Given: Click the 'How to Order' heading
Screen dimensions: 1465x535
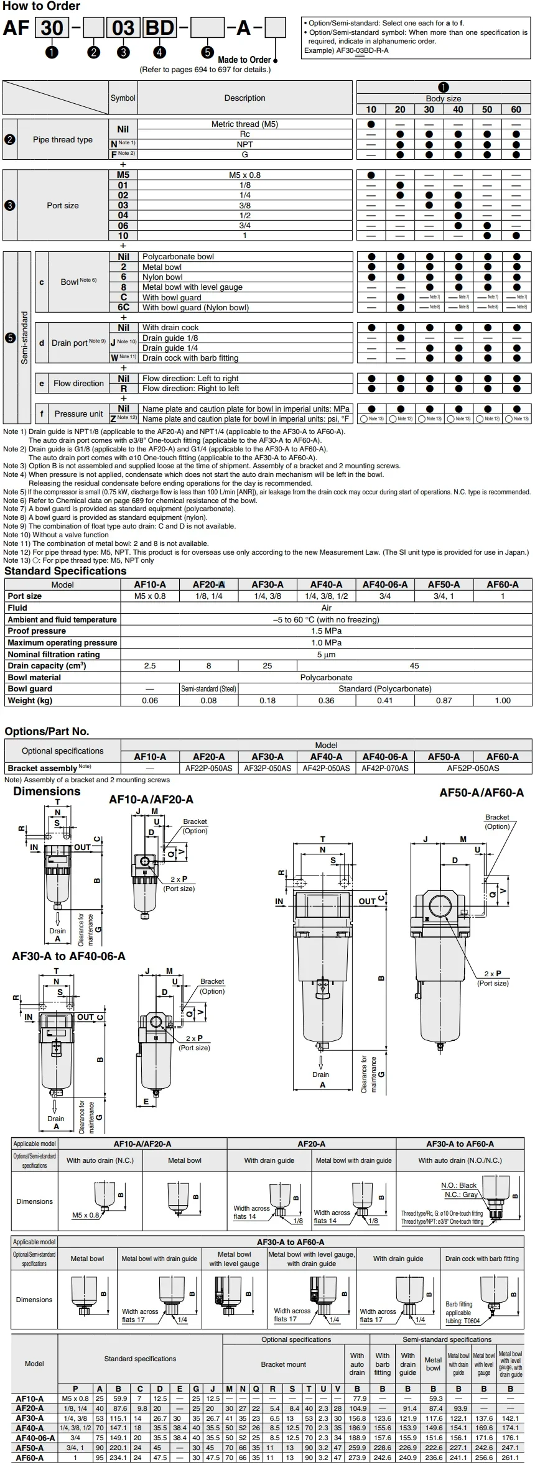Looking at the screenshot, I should pyautogui.click(x=42, y=6).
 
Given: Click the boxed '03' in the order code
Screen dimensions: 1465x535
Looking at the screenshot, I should pyautogui.click(x=123, y=29).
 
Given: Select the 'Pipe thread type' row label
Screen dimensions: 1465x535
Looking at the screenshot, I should pyautogui.click(x=62, y=139).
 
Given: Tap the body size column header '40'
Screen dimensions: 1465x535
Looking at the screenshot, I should pyautogui.click(x=458, y=109).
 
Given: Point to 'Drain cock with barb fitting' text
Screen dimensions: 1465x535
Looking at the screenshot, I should pyautogui.click(x=190, y=358).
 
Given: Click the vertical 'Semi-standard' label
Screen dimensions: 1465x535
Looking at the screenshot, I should pyautogui.click(x=24, y=338).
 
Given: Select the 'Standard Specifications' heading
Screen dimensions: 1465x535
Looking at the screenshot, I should pyautogui.click(x=65, y=571).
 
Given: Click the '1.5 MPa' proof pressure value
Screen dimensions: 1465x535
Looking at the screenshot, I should pyautogui.click(x=326, y=631).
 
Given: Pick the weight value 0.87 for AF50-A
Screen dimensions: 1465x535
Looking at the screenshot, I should pyautogui.click(x=444, y=700).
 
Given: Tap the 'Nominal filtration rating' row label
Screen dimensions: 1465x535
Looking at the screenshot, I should pyautogui.click(x=53, y=654).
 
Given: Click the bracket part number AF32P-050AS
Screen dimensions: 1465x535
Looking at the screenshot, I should pyautogui.click(x=267, y=768).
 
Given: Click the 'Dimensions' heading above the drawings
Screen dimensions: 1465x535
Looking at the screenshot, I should pyautogui.click(x=47, y=792).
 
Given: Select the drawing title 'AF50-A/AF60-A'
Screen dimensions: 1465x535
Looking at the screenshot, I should pyautogui.click(x=481, y=793).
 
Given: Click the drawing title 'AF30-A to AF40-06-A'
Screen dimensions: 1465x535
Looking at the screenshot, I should pyautogui.click(x=68, y=956).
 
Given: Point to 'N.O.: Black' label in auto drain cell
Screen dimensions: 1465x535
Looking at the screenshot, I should pyautogui.click(x=458, y=1185).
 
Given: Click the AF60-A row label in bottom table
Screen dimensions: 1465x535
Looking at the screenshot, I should pyautogui.click(x=30, y=1458).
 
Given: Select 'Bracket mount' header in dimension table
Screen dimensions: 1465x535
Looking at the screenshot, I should pyautogui.click(x=283, y=1364).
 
